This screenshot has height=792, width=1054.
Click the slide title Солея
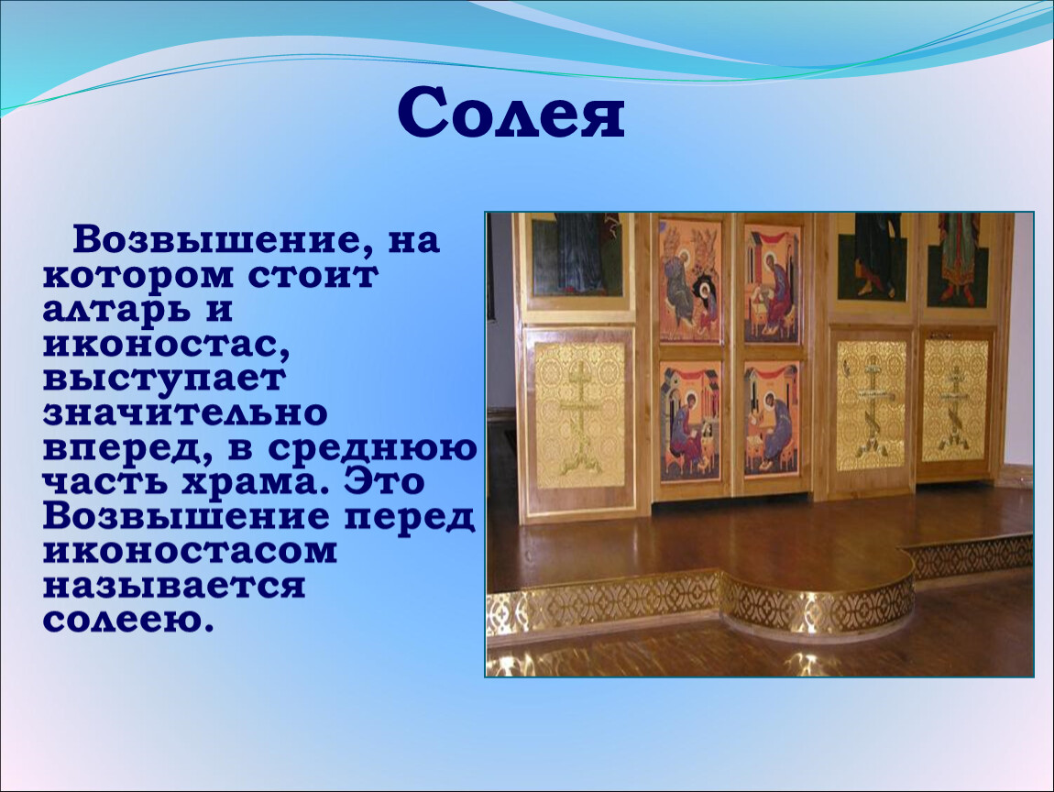pos(511,114)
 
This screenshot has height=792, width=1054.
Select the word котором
pos(135,276)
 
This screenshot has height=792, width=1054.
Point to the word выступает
pos(164,379)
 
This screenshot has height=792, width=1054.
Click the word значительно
pos(185,413)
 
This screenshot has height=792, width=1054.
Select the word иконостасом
pos(191,551)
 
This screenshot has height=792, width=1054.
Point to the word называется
pos(174,587)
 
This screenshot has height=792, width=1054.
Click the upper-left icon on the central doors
pos(690,280)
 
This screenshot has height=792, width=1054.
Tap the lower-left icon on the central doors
pos(690,422)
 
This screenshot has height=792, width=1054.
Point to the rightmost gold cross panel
pos(956,401)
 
